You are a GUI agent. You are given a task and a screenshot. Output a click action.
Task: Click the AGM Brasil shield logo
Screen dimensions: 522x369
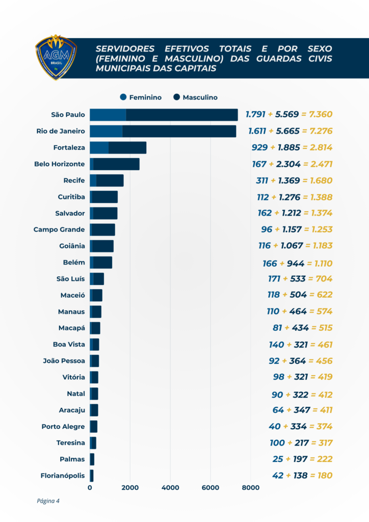coord(56,57)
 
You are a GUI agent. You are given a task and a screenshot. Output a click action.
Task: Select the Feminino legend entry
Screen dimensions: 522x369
coord(140,97)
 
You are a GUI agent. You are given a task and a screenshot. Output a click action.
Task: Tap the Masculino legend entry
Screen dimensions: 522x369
coord(195,97)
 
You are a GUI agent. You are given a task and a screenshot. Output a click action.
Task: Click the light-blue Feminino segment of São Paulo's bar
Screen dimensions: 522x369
coord(108,115)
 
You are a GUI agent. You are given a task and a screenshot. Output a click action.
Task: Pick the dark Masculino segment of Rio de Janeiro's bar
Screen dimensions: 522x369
coord(179,131)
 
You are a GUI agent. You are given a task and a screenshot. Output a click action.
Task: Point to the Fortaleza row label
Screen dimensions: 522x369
coord(69,148)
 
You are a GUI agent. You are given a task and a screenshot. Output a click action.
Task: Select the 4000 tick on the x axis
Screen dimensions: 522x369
coord(170,488)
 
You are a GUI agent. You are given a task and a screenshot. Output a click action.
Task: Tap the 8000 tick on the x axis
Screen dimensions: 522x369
coord(250,488)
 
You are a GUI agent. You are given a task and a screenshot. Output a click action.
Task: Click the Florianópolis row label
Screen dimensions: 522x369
coord(63,476)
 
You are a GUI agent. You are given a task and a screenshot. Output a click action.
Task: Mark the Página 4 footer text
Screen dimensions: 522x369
coord(48,501)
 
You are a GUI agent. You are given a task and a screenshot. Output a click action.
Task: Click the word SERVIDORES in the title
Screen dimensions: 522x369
coord(125,49)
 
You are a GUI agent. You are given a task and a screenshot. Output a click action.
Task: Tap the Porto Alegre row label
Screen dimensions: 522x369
coord(63,427)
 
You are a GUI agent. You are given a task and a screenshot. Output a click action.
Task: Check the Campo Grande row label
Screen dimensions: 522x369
coord(59,229)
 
